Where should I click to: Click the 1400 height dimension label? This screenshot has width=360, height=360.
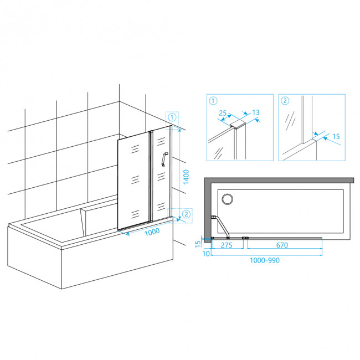(x=186, y=177)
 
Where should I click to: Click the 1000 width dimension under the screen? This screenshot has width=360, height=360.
(x=152, y=232)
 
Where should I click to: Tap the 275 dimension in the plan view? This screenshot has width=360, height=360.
(x=227, y=245)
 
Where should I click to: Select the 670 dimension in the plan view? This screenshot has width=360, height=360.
(x=282, y=245)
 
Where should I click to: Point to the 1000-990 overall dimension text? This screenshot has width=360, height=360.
(x=265, y=260)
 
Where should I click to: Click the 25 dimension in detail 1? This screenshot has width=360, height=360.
(x=223, y=113)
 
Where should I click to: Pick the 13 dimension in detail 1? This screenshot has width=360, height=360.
(x=255, y=112)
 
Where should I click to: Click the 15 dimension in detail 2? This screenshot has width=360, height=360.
(x=336, y=136)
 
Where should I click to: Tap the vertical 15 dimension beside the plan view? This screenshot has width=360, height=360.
(x=198, y=244)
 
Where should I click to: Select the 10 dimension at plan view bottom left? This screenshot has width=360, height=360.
(x=206, y=254)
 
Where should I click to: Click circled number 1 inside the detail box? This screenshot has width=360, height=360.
(x=213, y=101)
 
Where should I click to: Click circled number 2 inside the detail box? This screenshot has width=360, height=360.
(x=285, y=101)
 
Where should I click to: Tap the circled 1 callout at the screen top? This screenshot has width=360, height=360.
(x=172, y=117)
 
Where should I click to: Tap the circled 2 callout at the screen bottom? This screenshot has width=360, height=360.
(x=186, y=214)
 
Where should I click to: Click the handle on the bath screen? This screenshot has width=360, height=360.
(x=164, y=159)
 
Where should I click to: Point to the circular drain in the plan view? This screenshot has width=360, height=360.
(x=227, y=199)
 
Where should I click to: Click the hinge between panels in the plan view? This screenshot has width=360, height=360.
(x=245, y=238)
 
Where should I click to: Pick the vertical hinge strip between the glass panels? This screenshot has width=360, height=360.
(x=151, y=176)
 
